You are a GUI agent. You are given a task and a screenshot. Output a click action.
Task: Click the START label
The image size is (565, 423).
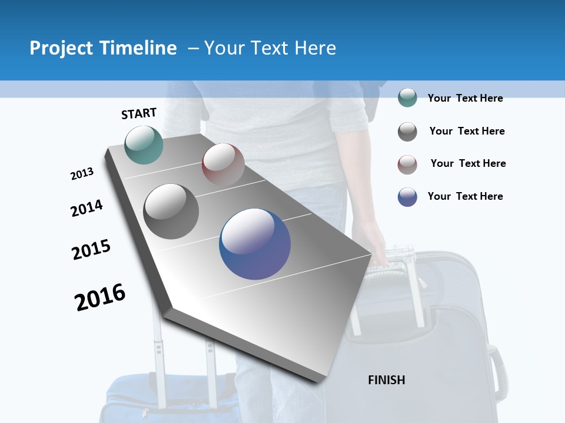click(139, 113)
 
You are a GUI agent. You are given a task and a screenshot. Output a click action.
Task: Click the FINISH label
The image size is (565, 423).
click(387, 380)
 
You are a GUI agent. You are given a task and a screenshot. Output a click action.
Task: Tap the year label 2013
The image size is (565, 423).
click(82, 174)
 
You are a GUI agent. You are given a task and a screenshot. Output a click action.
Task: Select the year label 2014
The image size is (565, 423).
click(87, 208)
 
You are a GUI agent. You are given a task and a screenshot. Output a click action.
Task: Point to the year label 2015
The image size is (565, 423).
click(91, 249)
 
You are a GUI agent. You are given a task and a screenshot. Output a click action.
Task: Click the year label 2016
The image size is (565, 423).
click(100, 297)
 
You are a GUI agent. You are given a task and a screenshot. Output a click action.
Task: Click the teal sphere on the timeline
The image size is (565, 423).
click(144, 145)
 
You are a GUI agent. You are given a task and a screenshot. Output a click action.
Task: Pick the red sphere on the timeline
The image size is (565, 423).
click(223, 164)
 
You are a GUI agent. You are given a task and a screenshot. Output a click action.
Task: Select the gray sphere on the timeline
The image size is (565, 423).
click(171, 211)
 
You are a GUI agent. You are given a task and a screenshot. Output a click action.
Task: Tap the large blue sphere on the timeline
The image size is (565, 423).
click(255, 244)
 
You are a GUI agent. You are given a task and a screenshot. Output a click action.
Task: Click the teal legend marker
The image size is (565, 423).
click(407, 98)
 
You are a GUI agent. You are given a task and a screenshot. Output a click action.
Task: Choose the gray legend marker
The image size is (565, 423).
click(407, 132)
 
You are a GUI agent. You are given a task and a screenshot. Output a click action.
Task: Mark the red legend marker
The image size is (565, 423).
click(407, 164)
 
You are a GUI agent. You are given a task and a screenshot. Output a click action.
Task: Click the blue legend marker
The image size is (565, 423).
click(407, 197)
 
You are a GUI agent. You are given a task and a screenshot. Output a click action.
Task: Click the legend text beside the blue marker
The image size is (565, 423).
click(465, 196)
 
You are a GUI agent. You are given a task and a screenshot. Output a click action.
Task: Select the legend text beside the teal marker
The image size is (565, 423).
click(465, 98)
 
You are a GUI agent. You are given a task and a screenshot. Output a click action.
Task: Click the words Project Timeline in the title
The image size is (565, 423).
click(103, 48)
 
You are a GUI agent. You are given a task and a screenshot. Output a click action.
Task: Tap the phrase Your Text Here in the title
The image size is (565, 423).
click(270, 48)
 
